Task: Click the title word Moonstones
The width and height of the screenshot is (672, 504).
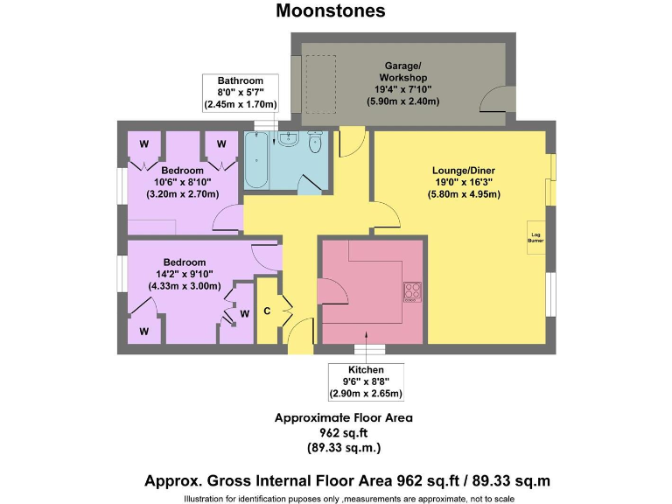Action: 330,11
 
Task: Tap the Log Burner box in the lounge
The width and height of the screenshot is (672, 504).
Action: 535,237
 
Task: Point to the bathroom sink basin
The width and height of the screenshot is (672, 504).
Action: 291,141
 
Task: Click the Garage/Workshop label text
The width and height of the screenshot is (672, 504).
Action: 402,72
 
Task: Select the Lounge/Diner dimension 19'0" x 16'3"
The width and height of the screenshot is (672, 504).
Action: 466,182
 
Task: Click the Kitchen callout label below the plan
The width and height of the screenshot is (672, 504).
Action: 365,370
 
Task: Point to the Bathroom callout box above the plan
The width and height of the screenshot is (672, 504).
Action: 240,93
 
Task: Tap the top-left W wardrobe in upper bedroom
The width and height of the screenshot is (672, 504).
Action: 143,143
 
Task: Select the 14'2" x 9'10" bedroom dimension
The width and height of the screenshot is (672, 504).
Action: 184,274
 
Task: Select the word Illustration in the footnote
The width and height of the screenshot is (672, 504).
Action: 206,499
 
